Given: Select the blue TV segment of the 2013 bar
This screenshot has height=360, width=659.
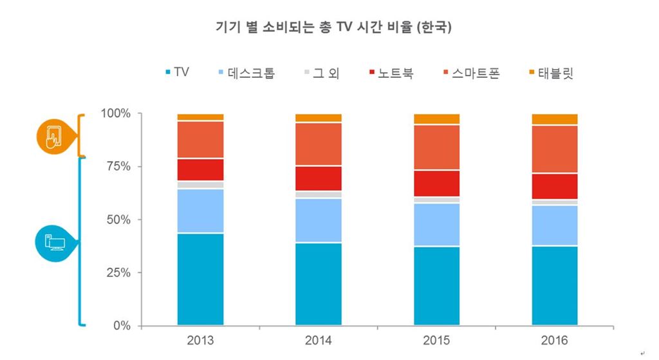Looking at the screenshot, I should coord(200,279).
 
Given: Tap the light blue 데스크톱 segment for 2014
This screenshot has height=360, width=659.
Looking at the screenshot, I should coord(319,220).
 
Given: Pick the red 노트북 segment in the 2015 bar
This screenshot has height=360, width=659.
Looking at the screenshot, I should coord(437,184).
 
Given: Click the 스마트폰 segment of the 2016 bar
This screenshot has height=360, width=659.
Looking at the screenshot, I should coord(555,149).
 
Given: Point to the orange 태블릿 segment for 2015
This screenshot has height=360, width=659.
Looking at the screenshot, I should coord(437,119).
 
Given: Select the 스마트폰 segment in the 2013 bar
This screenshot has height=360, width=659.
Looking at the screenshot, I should coord(200,139).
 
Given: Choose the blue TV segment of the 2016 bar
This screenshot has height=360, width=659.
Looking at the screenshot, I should coord(555,285).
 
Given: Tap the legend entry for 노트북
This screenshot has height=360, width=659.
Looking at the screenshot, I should coord(391,73).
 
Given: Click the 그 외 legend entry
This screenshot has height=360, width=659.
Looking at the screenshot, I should coord(321,73).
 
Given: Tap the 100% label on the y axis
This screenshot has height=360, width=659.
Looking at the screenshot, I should coord(115,113).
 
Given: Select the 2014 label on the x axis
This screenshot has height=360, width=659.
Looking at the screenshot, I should coord(319,341).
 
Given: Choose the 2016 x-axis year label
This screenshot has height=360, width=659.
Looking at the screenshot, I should coord(555,341).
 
